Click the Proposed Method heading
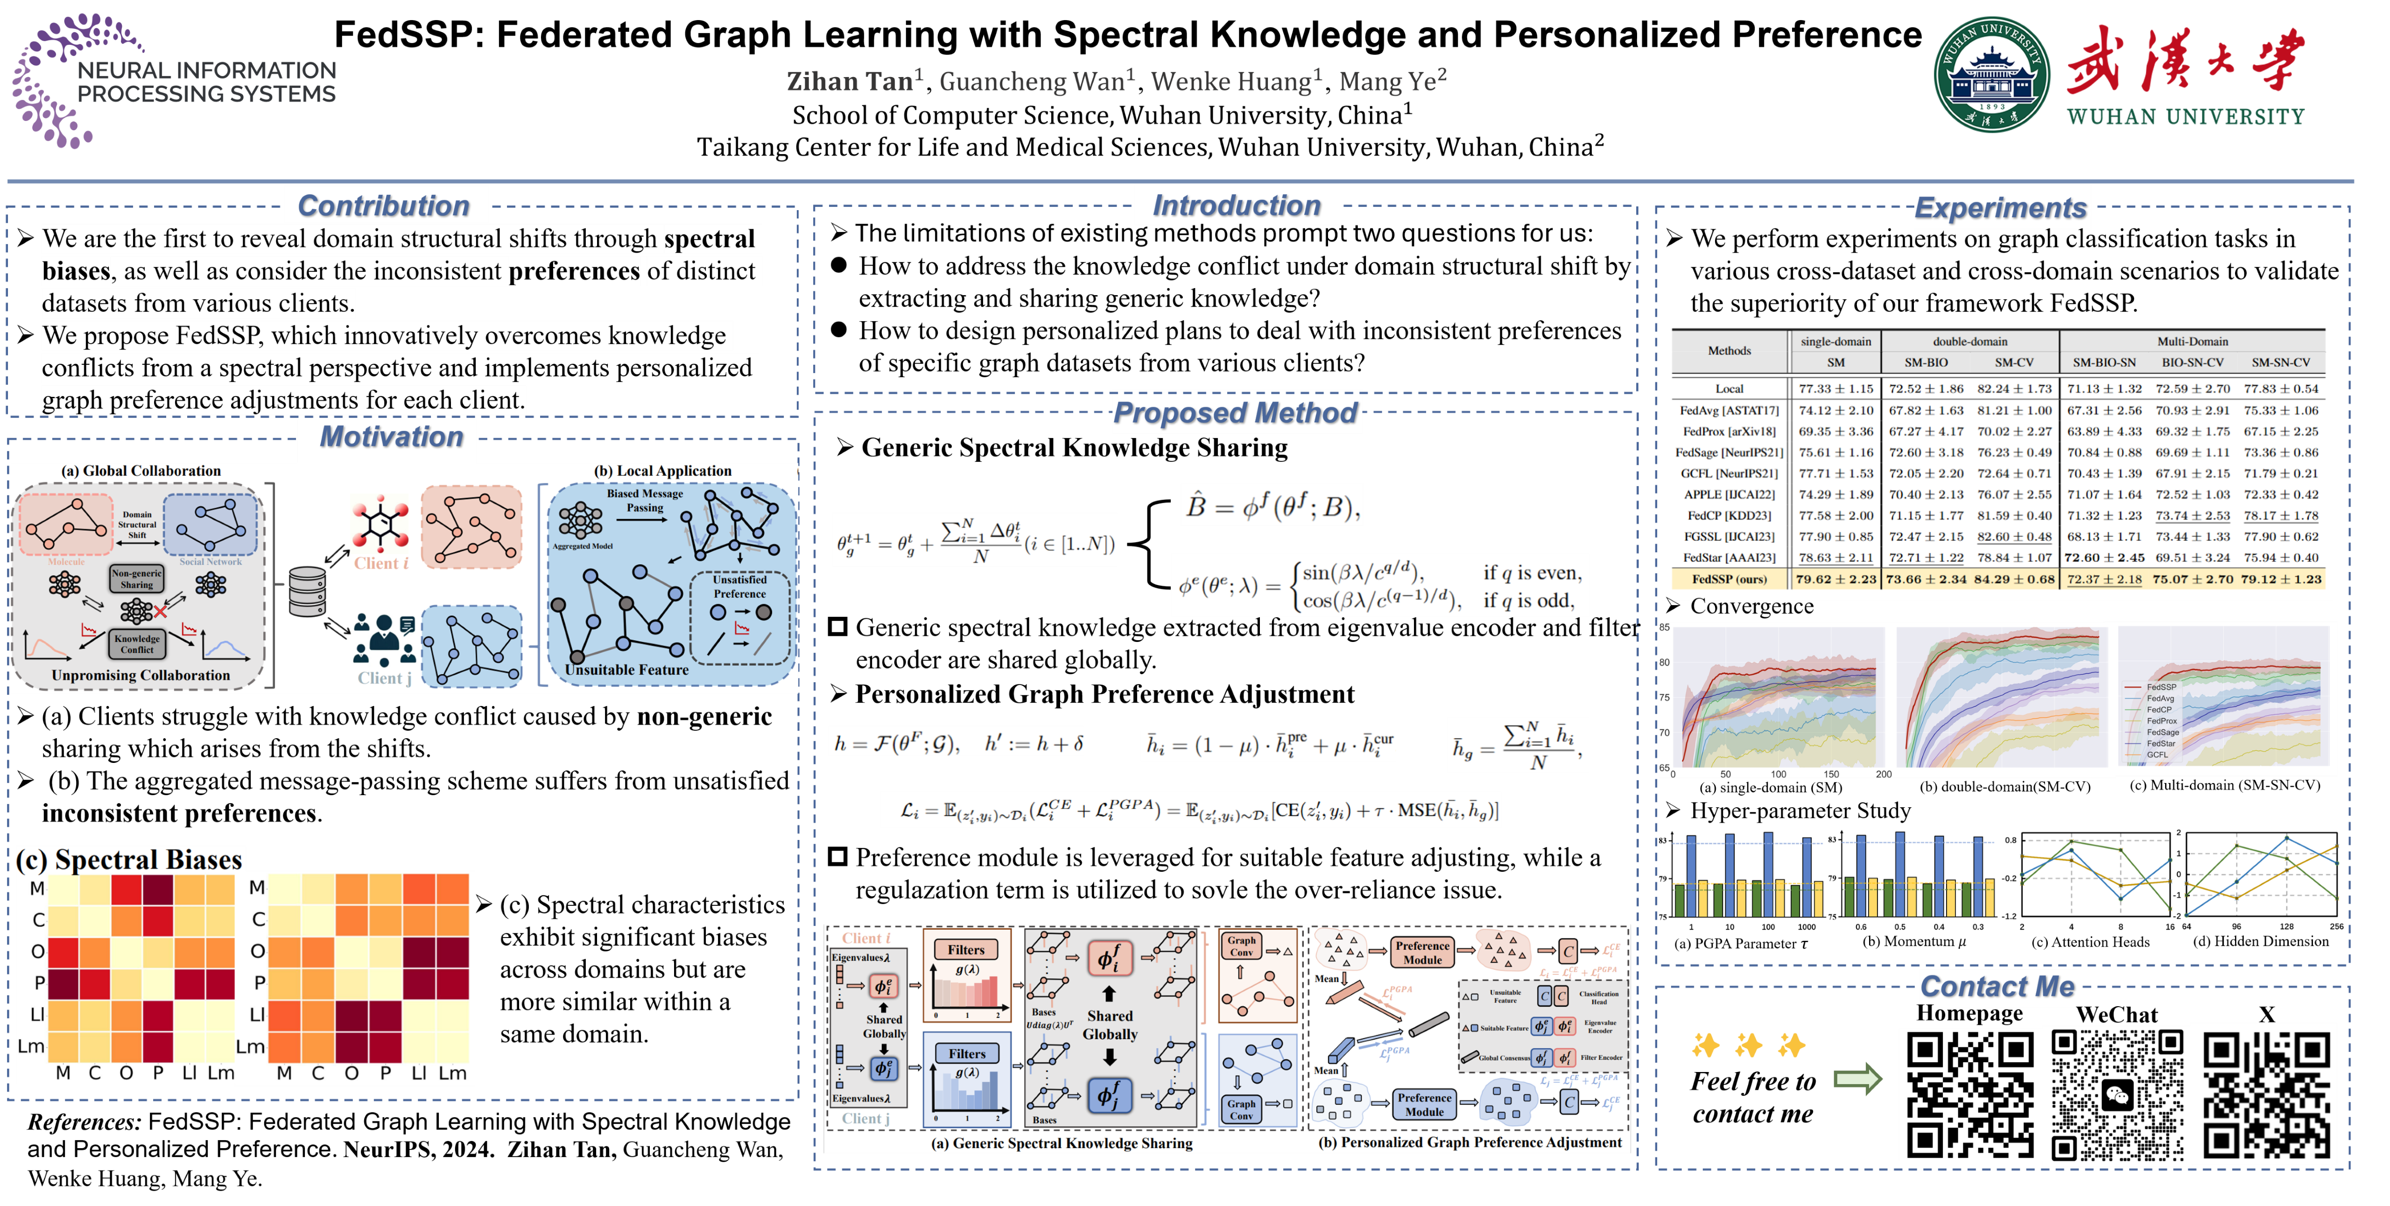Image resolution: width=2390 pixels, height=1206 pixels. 1235,413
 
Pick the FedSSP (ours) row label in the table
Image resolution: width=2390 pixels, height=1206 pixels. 1729,579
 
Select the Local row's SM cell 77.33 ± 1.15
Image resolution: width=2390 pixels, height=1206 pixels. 1835,389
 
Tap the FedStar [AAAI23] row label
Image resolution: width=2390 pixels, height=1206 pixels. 1729,557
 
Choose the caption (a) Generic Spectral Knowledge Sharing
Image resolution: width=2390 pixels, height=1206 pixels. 1061,1143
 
